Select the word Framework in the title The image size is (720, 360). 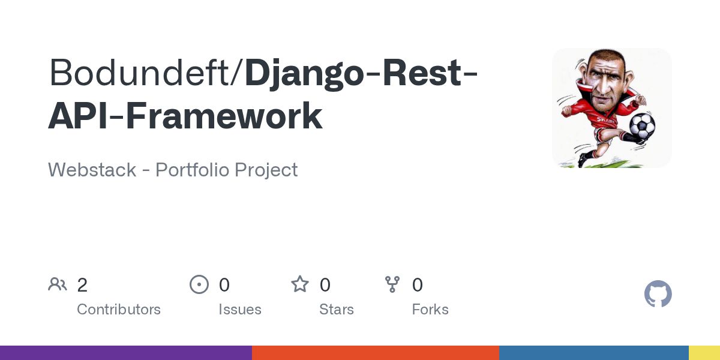click(x=225, y=116)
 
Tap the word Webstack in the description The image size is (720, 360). click(x=93, y=170)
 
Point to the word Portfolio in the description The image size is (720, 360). click(x=191, y=170)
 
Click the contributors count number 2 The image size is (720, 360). click(x=82, y=285)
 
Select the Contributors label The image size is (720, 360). click(x=119, y=310)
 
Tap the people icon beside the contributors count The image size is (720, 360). click(x=58, y=284)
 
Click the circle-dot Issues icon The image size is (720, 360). click(x=199, y=284)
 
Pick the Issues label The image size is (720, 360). click(x=240, y=310)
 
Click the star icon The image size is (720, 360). click(x=300, y=284)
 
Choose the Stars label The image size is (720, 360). click(x=337, y=310)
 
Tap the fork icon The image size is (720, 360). click(x=392, y=284)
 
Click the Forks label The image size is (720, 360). click(x=430, y=310)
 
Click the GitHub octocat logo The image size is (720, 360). click(x=658, y=294)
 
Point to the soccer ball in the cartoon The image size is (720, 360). click(x=641, y=125)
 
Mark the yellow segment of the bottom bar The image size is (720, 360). click(x=704, y=353)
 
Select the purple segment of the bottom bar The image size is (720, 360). click(x=126, y=353)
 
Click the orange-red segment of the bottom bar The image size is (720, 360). click(x=376, y=353)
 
